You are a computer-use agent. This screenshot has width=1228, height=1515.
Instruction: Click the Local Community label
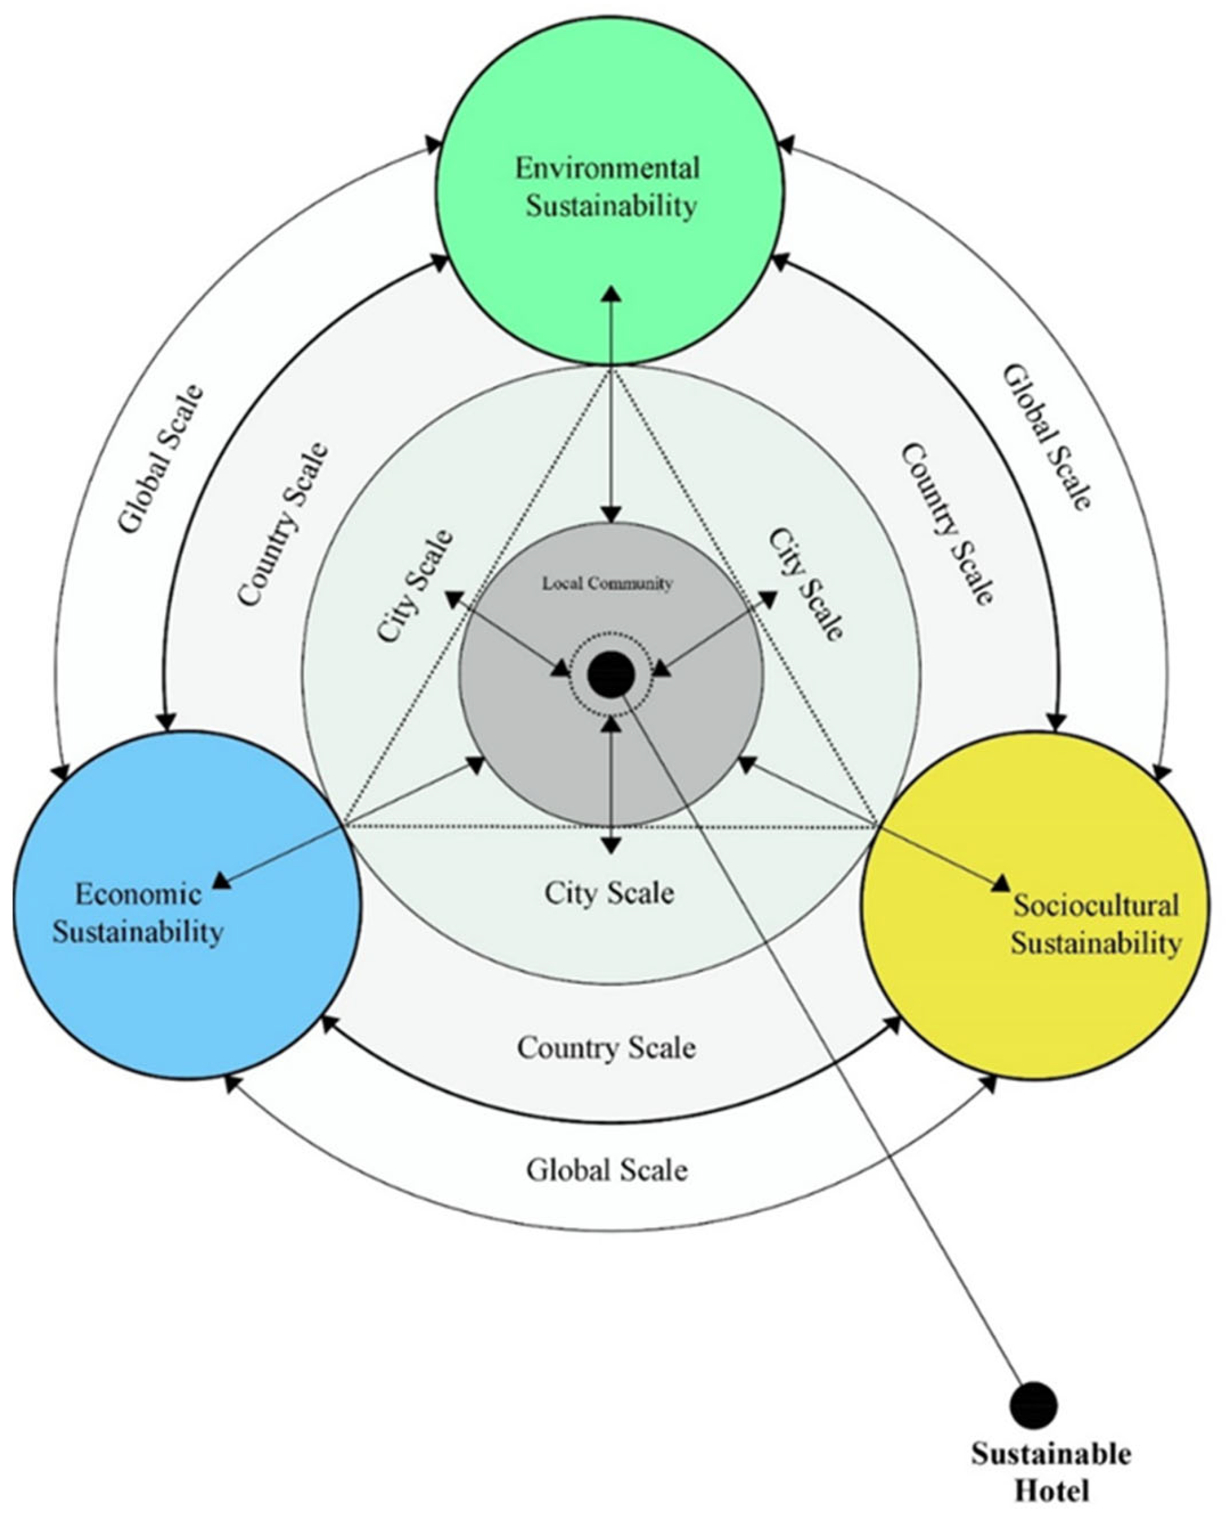[607, 584]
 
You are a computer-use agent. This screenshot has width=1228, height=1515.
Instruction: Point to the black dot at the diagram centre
[611, 675]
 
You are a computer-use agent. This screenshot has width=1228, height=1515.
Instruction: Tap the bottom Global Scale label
[606, 1170]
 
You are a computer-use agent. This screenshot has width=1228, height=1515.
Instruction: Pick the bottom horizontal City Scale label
[609, 893]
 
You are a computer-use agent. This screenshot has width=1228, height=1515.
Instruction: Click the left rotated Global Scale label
[160, 459]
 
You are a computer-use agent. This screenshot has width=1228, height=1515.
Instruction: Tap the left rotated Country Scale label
[283, 525]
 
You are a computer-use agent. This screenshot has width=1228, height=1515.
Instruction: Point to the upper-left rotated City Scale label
[415, 587]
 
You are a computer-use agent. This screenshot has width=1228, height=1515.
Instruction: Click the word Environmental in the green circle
[607, 169]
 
